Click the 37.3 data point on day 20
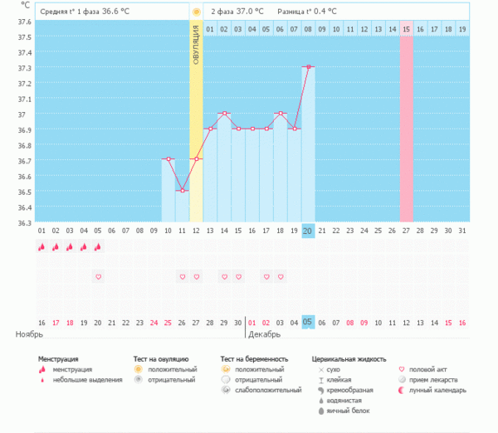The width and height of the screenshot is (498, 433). coord(308,66)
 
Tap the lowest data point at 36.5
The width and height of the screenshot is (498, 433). coord(182,191)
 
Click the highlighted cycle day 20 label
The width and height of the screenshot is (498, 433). coord(308,231)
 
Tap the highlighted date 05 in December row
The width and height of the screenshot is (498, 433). coord(308,322)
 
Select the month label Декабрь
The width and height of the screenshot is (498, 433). coord(266,334)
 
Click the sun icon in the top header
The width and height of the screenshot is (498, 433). coord(196,12)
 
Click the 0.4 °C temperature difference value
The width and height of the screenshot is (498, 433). coord(323,12)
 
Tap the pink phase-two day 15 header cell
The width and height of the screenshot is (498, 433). coord(407,29)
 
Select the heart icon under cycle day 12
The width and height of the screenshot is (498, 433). coord(196,276)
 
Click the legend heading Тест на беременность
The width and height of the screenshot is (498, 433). coord(254,359)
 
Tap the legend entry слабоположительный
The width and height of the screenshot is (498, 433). coord(268,390)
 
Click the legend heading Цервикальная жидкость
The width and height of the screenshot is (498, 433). coord(349,359)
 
